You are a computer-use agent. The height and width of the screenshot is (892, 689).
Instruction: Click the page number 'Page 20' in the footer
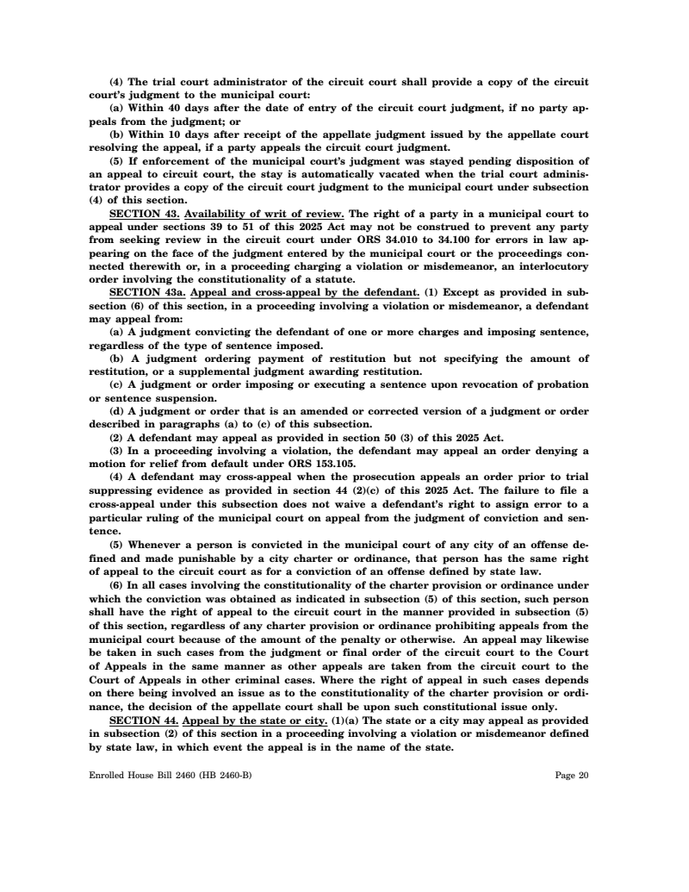(x=572, y=776)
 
